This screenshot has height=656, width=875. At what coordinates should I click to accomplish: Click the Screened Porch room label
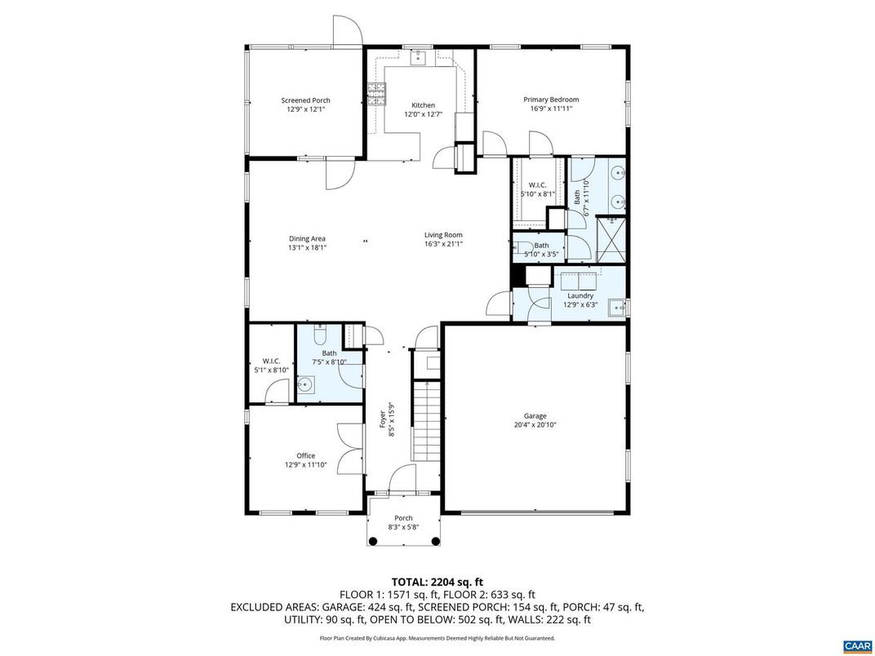pos(305,100)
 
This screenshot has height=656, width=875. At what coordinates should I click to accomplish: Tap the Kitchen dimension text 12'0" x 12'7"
pos(423,115)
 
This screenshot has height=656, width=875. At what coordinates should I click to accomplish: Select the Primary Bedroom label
pos(551,100)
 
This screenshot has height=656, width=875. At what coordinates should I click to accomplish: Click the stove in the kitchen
pos(376,95)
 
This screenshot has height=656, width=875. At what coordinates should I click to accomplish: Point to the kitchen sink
pos(418,57)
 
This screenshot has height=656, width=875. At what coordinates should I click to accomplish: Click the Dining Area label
pos(307,238)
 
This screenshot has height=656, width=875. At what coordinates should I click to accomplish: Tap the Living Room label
pos(443,235)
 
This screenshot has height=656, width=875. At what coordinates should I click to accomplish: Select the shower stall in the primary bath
pos(613,239)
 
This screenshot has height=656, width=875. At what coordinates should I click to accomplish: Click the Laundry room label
pos(580,295)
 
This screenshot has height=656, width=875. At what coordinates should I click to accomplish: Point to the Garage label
pos(535,416)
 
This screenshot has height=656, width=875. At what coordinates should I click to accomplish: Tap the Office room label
pos(305,456)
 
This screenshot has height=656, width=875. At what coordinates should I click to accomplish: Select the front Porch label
pos(403,518)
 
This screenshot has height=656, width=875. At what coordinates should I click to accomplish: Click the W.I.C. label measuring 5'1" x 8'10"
pos(271,361)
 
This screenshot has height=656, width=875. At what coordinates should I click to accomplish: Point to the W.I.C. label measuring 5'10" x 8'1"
pos(537,184)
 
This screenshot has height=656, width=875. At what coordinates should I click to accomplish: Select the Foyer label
pos(382,419)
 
